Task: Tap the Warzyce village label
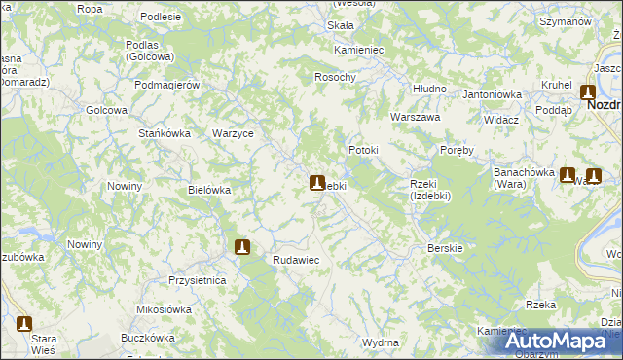click(x=233, y=133)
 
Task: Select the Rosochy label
click(x=335, y=77)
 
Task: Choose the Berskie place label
click(x=445, y=248)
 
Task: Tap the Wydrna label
click(x=380, y=343)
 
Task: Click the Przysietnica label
click(x=197, y=280)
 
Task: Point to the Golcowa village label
click(x=107, y=111)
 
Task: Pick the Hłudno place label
click(x=429, y=89)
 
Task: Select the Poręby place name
click(x=457, y=151)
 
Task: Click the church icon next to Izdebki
click(x=317, y=182)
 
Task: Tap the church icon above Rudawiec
click(x=242, y=247)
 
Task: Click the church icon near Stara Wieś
click(x=24, y=324)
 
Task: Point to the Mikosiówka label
click(x=163, y=309)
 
